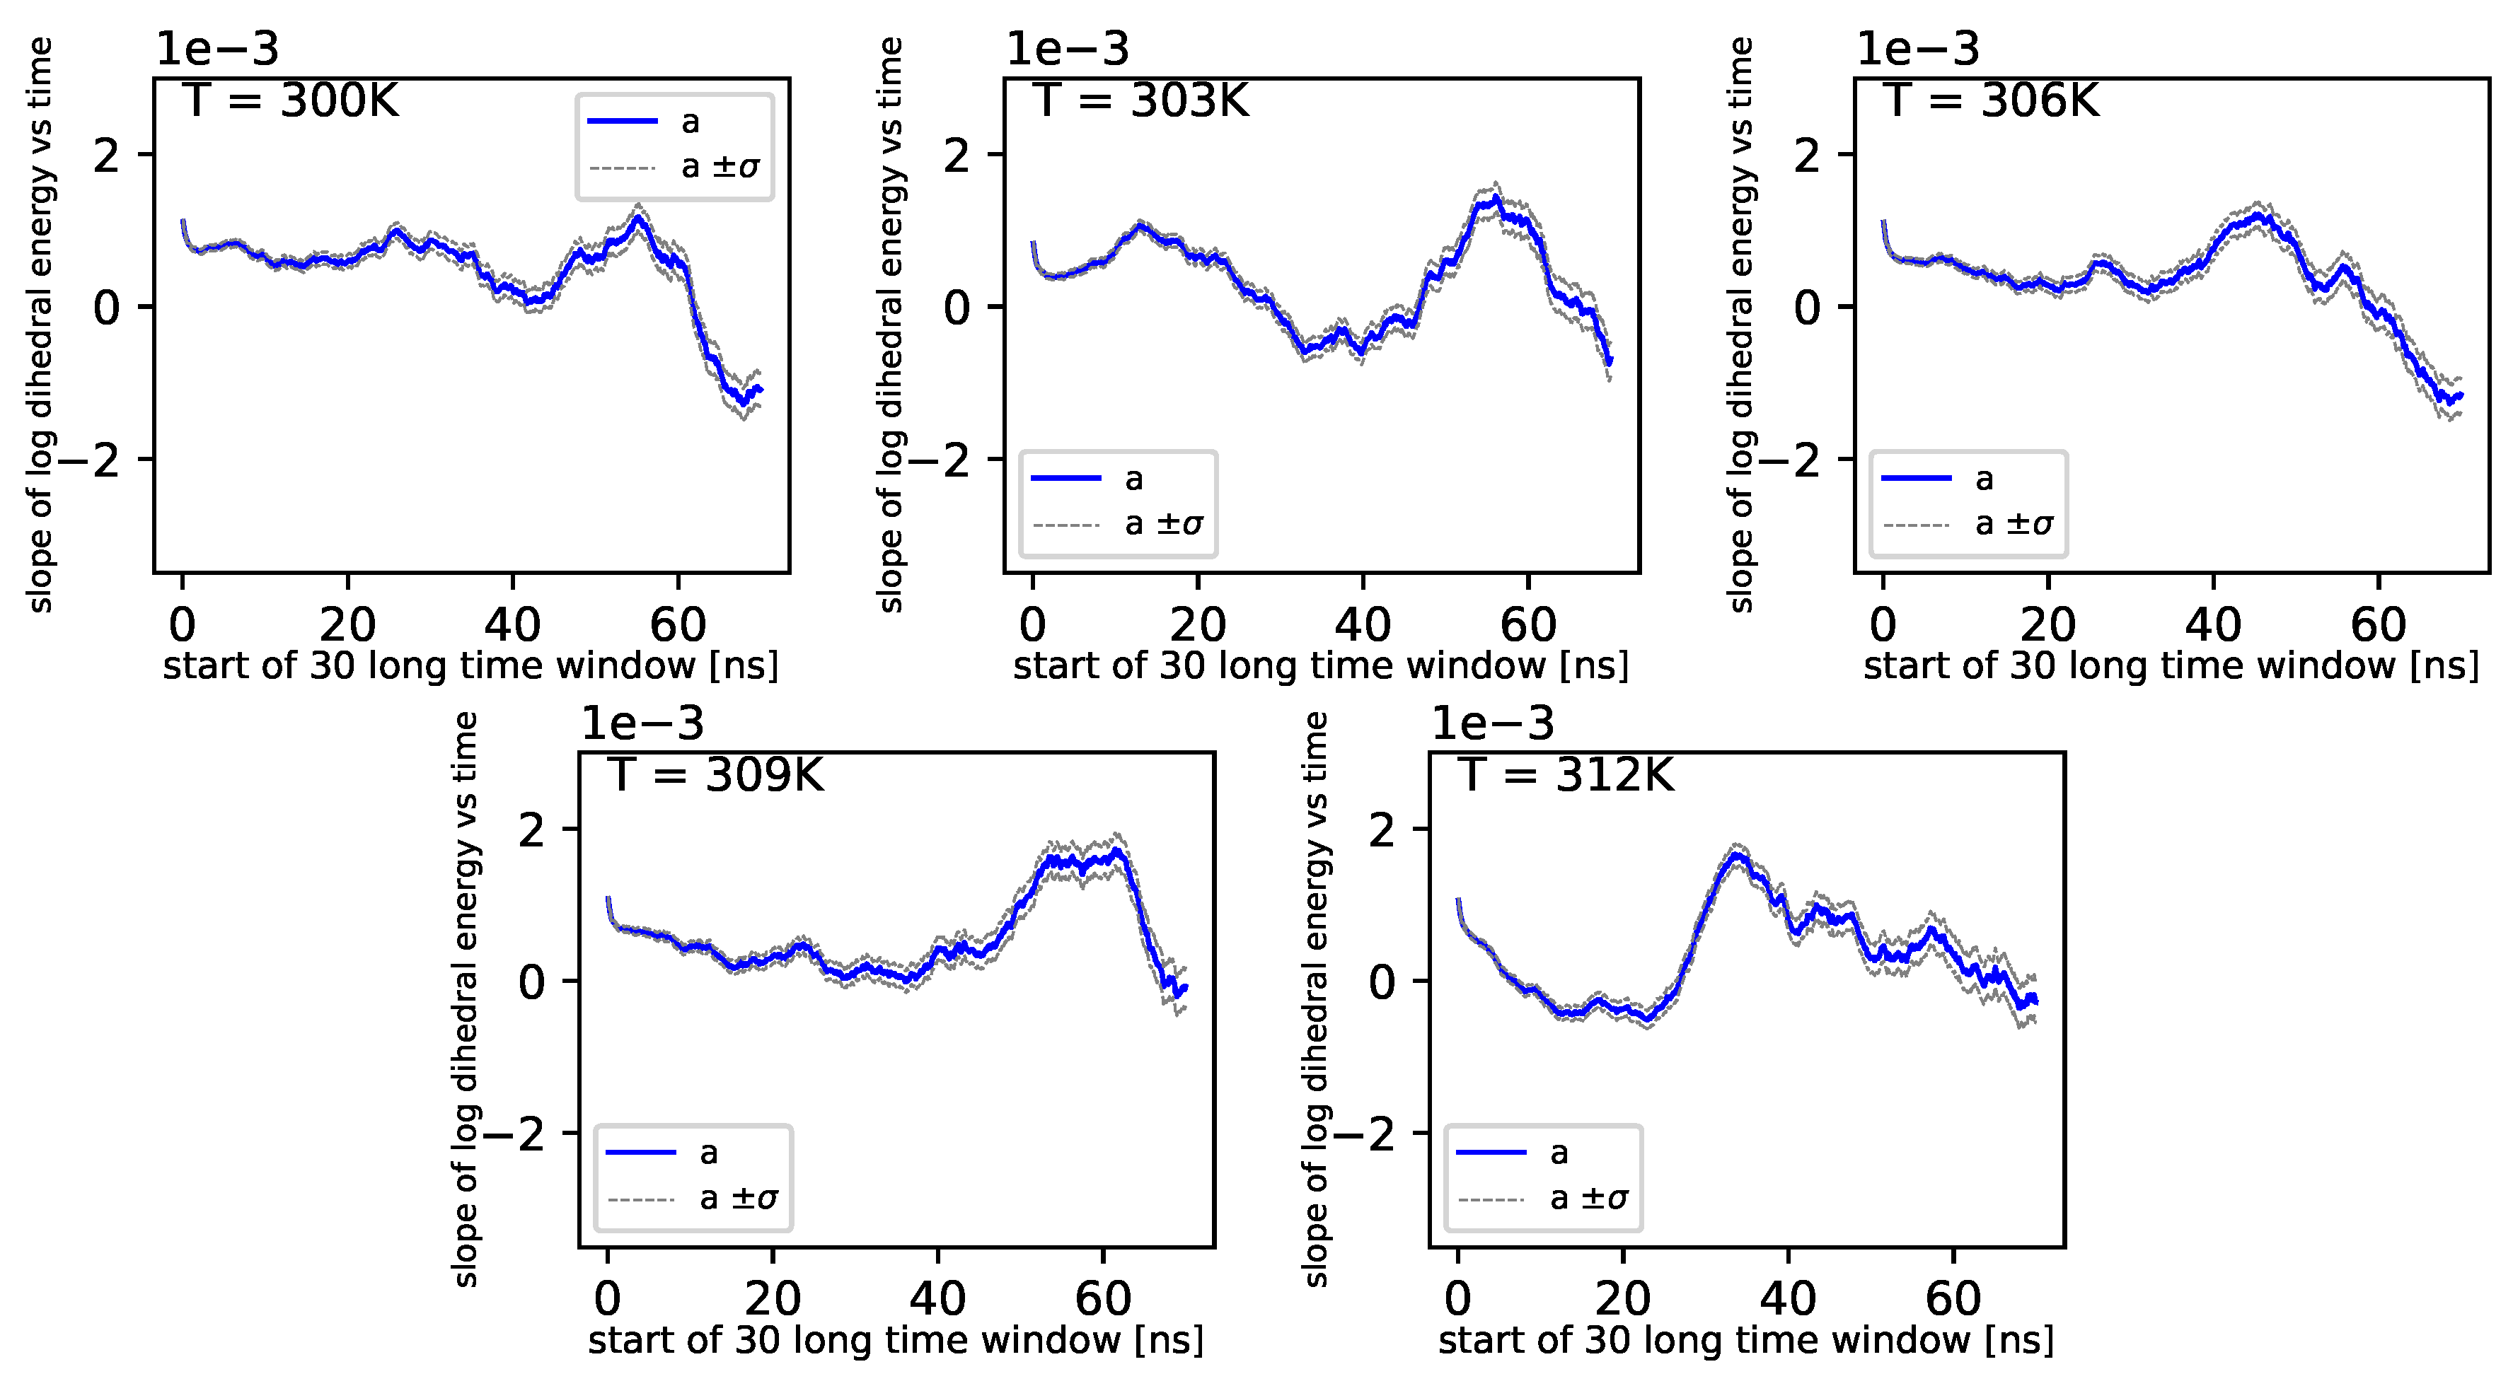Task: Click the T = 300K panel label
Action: coord(291,100)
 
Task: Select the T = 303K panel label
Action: coord(1140,100)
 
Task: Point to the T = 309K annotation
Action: coord(715,776)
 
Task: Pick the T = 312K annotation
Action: coord(1566,776)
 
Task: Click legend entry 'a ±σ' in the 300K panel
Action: coord(719,167)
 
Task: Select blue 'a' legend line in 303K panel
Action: coord(1065,478)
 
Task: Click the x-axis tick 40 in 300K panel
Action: coord(512,625)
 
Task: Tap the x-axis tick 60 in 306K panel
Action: coord(2379,625)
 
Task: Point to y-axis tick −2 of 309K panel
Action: coord(514,1134)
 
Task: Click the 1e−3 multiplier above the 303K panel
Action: coord(1067,49)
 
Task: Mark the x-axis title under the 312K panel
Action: coord(1745,1340)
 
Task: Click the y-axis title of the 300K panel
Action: coord(40,325)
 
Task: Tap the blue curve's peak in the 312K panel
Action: coord(1735,854)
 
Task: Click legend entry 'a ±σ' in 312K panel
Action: coord(1588,1198)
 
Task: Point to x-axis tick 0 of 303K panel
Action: coord(1032,625)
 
